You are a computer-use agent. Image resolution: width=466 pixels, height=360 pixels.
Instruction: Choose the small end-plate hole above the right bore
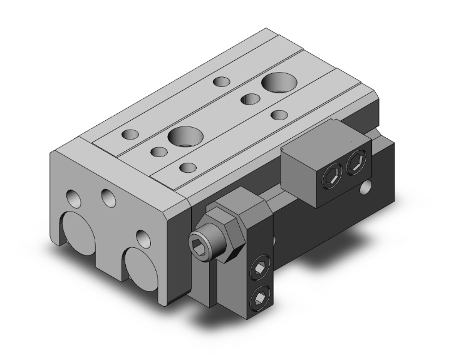point(143,238)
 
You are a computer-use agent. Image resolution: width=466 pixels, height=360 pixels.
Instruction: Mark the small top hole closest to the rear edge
point(221,81)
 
